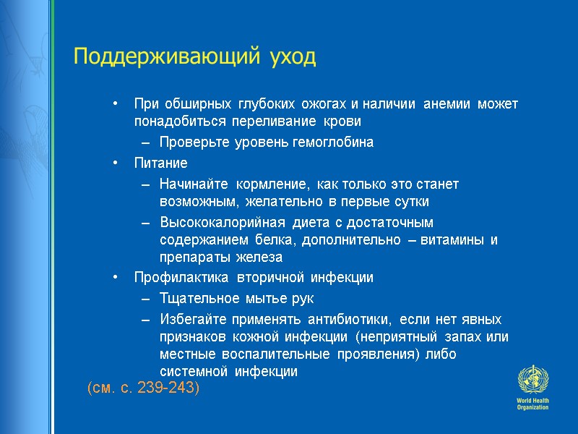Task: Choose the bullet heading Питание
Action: tap(160, 163)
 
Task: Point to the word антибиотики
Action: tap(350, 320)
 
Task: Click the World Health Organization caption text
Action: tap(532, 404)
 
